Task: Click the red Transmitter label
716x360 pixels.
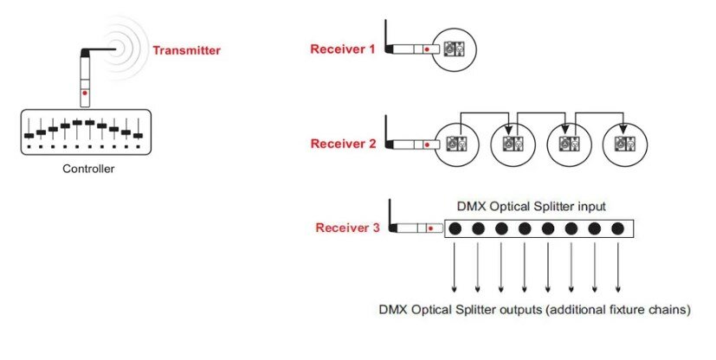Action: coord(186,50)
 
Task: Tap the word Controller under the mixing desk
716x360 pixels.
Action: coord(88,169)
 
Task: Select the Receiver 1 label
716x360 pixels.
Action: coord(343,48)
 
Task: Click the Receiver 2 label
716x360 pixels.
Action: coord(343,144)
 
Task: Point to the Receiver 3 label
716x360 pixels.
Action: coord(348,228)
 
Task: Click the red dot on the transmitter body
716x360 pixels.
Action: coord(84,92)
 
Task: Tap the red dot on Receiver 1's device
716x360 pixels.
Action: coord(428,49)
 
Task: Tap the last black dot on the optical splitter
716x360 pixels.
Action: coord(617,228)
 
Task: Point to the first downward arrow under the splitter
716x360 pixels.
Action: coord(455,268)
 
